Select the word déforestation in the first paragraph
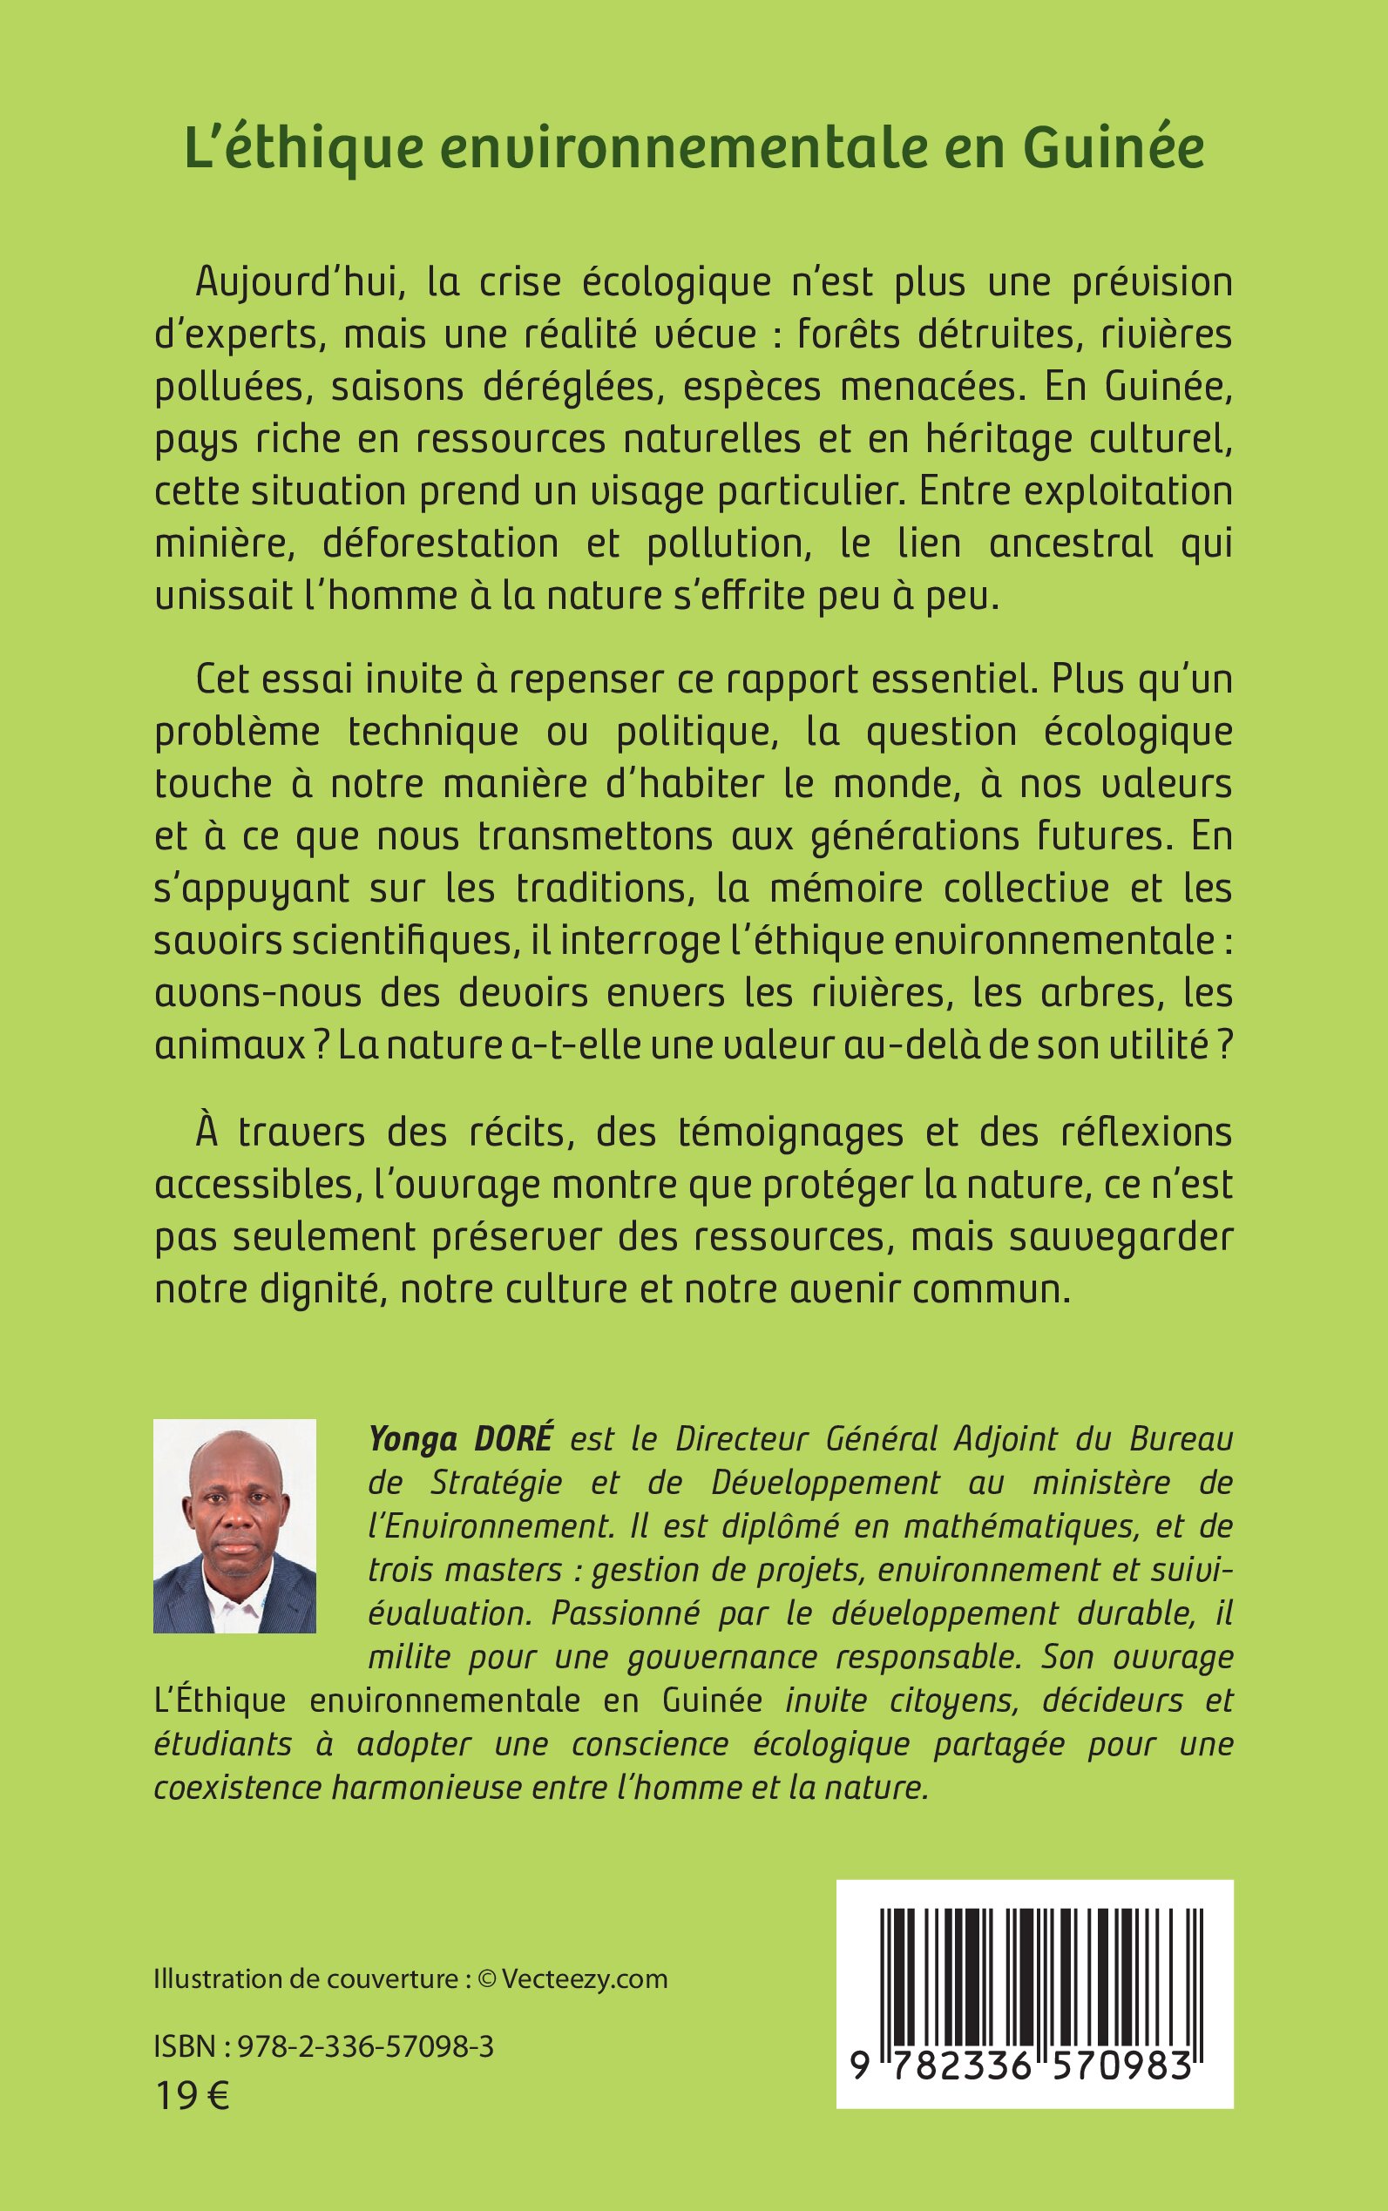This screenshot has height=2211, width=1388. (x=441, y=544)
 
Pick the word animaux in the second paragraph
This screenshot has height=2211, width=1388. (x=229, y=1045)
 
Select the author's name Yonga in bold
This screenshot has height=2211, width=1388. (x=413, y=1439)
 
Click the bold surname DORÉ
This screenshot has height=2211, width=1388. (x=513, y=1438)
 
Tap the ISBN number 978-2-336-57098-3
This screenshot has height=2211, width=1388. (x=365, y=2045)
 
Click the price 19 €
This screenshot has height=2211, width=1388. (x=192, y=2096)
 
